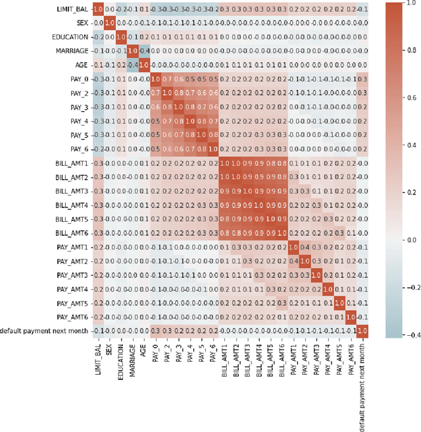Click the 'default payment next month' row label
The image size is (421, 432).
click(x=44, y=330)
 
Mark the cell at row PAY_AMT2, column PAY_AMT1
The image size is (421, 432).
click(x=293, y=261)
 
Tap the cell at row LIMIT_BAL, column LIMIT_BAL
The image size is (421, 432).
click(x=97, y=9)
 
